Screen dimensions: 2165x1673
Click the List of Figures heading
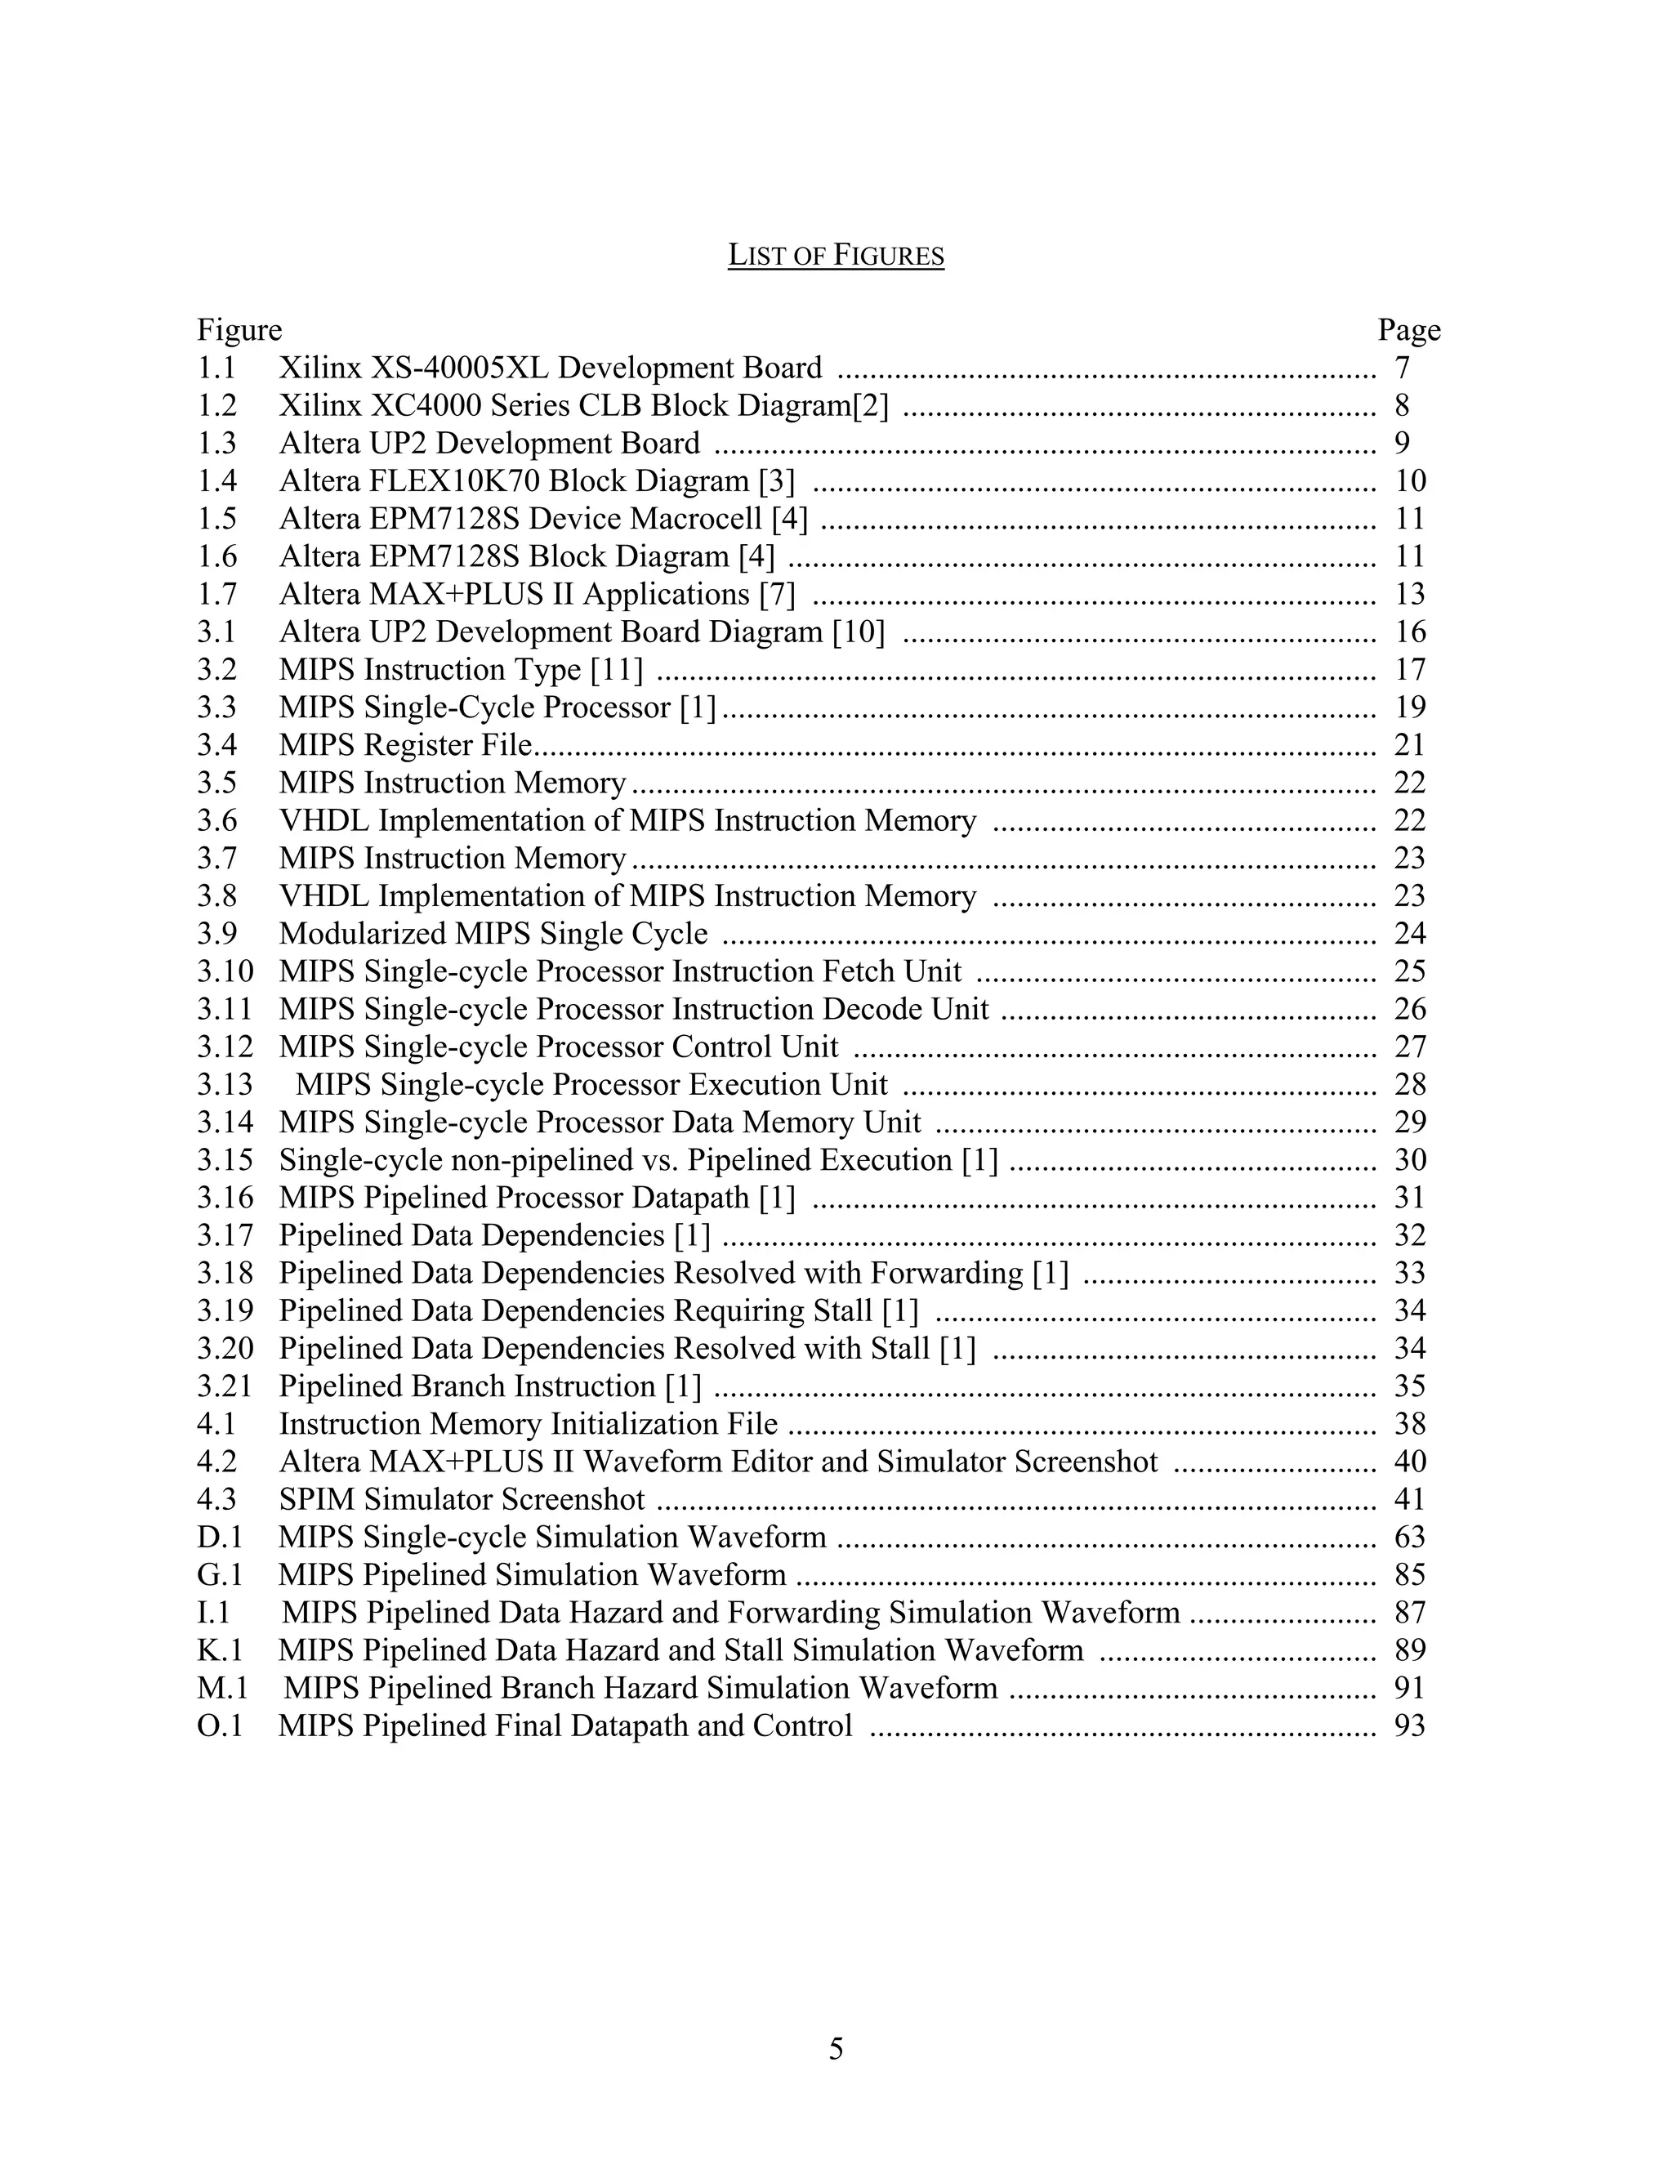coord(836,256)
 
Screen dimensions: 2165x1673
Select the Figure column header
coord(239,330)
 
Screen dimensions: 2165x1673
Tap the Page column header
coord(1408,330)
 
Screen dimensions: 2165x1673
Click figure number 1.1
coord(217,368)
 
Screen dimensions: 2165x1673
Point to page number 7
coord(1402,368)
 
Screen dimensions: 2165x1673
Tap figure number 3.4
coord(217,744)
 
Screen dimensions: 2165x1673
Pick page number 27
coord(1409,1046)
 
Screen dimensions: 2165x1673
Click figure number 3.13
coord(225,1083)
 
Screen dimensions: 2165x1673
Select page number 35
coord(1409,1385)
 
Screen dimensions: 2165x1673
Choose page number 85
coord(1409,1574)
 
